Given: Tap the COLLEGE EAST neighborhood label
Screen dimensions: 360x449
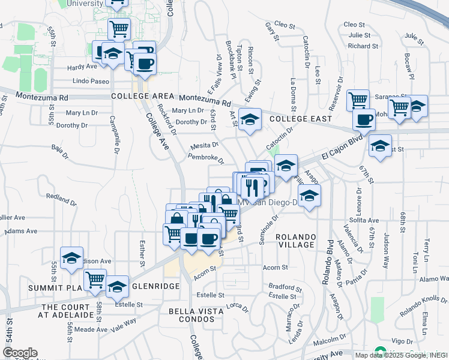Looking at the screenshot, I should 301,119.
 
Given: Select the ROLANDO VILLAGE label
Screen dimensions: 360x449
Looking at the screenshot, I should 296,241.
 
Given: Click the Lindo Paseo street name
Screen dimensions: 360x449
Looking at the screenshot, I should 90,81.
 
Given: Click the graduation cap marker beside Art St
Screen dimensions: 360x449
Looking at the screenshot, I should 250,119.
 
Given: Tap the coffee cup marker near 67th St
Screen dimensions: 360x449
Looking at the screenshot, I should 363,119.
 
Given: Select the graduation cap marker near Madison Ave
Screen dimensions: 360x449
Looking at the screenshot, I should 71,258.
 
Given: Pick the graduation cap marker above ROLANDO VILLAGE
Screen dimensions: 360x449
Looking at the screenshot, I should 309,195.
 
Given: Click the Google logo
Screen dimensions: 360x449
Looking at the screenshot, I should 20,353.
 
